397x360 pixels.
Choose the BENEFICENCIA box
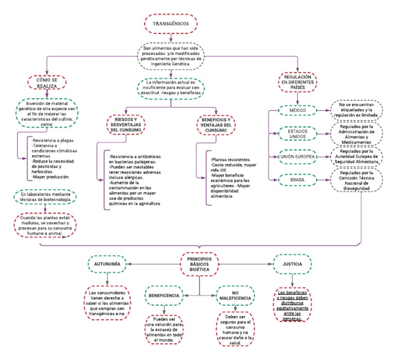coord(165,295)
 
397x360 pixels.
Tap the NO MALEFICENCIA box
coord(234,296)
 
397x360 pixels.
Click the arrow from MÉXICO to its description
coord(323,111)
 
